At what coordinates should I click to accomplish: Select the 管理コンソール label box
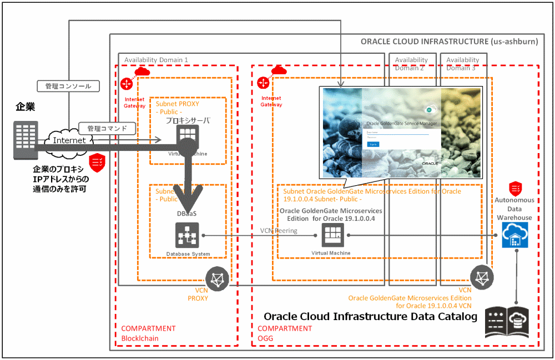click(68, 86)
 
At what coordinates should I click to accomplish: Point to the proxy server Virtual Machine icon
click(187, 136)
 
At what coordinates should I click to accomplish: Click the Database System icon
click(187, 236)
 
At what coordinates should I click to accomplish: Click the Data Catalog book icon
click(507, 322)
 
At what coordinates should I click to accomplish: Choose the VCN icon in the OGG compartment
click(482, 277)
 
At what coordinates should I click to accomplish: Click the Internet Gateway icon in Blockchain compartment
click(126, 84)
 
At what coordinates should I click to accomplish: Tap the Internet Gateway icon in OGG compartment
click(264, 83)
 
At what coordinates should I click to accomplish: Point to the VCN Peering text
click(279, 230)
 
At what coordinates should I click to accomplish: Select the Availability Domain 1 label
click(156, 59)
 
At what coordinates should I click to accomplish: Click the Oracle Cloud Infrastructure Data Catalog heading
click(370, 317)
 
